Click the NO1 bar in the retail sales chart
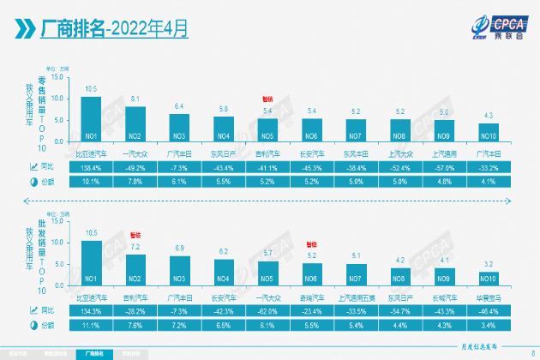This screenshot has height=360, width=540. [x=91, y=119]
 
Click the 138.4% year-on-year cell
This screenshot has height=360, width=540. [x=91, y=168]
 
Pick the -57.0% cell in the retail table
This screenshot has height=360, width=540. [x=444, y=168]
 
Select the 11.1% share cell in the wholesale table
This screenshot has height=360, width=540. [x=91, y=326]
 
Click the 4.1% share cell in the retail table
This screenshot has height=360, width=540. [x=489, y=182]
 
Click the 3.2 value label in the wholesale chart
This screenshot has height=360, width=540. [x=489, y=264]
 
